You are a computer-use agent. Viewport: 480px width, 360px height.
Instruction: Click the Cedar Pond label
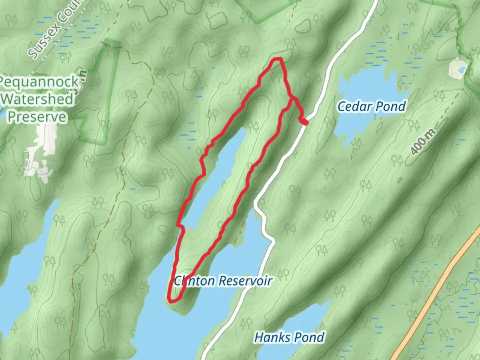click(372, 107)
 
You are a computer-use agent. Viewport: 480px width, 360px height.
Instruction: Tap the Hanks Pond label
click(289, 337)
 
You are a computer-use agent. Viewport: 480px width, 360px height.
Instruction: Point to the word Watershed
click(37, 99)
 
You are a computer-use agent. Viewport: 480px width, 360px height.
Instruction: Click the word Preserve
click(37, 117)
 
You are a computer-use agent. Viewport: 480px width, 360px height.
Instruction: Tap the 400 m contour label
click(423, 142)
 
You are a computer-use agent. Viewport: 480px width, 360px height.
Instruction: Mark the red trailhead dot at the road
click(305, 122)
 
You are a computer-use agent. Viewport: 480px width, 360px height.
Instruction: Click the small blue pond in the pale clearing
click(462, 70)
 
